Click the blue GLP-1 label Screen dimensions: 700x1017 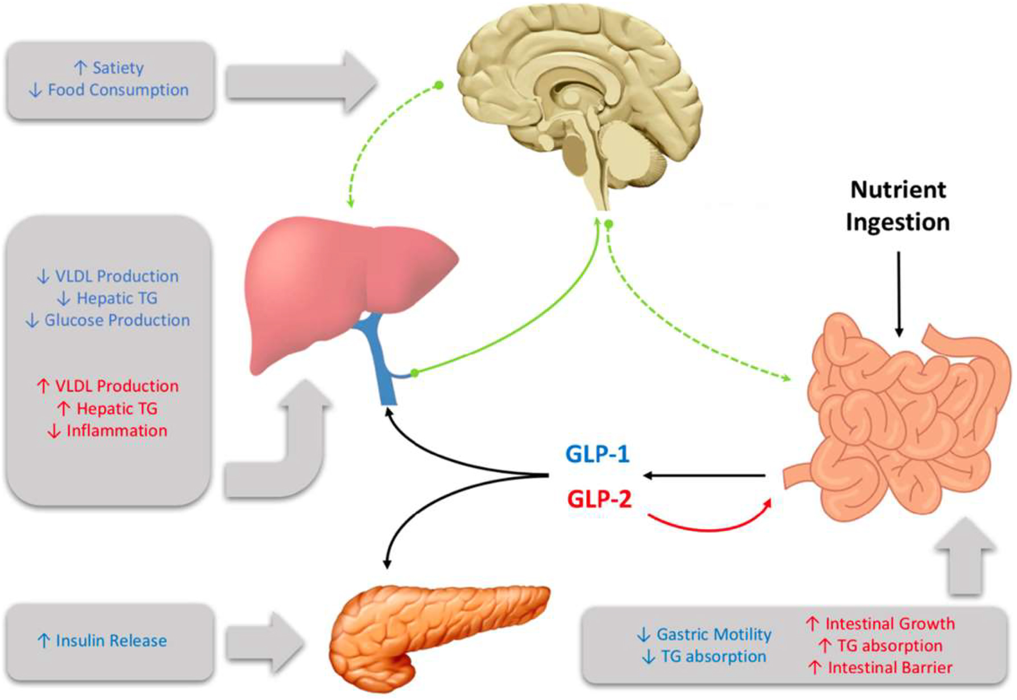point(597,454)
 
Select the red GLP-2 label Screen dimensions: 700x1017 point(599,499)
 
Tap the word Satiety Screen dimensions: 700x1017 point(118,68)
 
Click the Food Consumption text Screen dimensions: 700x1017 point(118,90)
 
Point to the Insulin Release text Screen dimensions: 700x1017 point(111,641)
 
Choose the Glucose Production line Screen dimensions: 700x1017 point(117,320)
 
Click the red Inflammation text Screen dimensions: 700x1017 point(117,430)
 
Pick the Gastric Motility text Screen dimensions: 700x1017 point(713,634)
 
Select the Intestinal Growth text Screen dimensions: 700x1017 point(890,624)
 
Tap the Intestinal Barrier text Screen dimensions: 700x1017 point(890,668)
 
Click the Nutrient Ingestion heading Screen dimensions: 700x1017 point(898,206)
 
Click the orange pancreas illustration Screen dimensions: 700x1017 point(432,631)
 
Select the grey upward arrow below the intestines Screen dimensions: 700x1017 point(965,557)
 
